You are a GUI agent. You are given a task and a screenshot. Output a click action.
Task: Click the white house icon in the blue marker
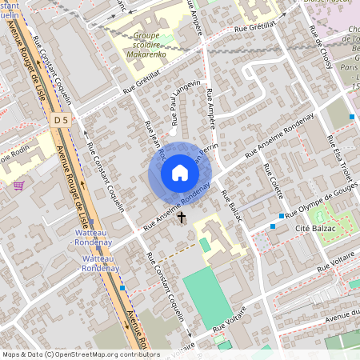(x=180, y=173)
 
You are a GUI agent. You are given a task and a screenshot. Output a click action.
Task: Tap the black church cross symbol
(x=182, y=217)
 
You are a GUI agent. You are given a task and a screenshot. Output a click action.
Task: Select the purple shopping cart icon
(x=18, y=185)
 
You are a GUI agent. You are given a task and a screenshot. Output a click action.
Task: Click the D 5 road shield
(x=60, y=120)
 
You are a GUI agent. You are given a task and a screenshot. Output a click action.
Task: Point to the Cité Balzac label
(x=314, y=229)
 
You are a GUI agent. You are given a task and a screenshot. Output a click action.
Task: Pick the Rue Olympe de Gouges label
(x=315, y=205)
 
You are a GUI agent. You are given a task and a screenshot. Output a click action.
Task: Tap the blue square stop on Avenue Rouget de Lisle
(x=122, y=288)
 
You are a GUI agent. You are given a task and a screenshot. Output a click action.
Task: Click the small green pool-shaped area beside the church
(x=205, y=244)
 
